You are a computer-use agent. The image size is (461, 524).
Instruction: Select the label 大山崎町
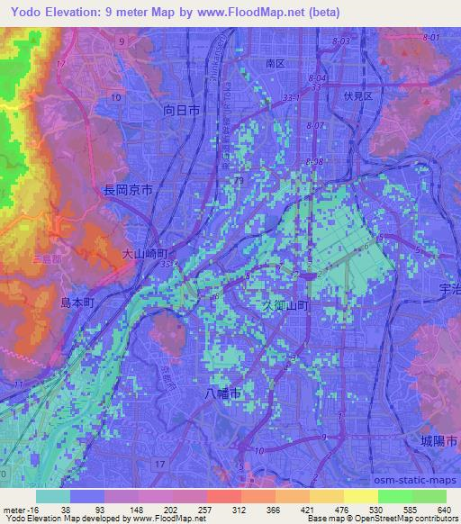point(144,256)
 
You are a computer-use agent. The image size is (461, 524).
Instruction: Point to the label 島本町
point(77,302)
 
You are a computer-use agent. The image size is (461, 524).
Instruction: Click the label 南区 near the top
point(275,65)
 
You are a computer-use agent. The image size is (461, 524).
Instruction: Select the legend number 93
point(87,510)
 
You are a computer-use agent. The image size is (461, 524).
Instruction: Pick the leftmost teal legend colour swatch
point(53,496)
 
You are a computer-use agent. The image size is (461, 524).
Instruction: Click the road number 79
point(239,182)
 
